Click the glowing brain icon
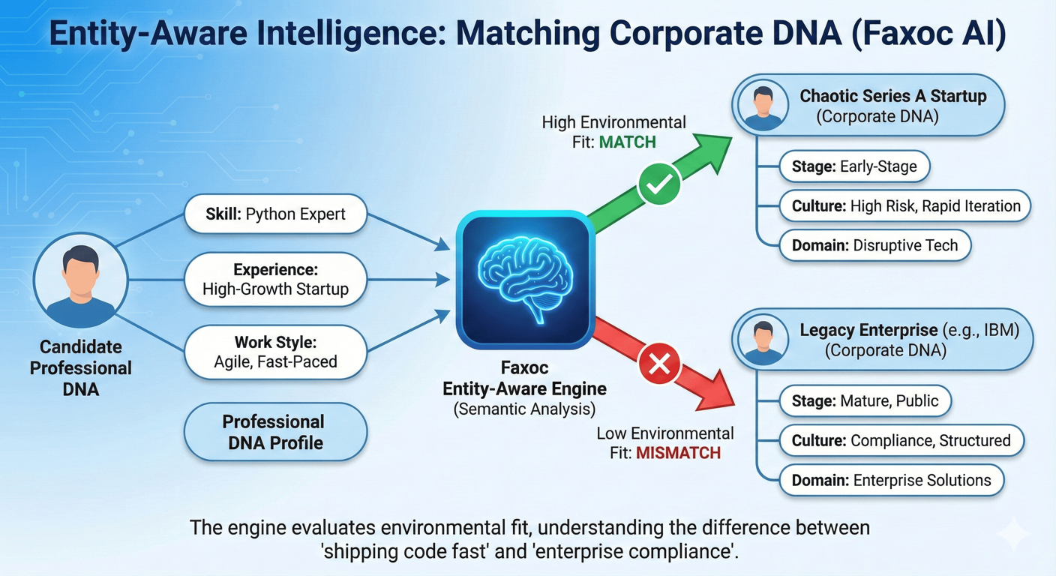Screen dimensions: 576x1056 coord(525,278)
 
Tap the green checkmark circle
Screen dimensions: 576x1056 coord(658,184)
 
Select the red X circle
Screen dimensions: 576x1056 coord(658,365)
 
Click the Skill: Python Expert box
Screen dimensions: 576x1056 coord(276,215)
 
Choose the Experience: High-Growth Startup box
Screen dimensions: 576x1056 coord(276,279)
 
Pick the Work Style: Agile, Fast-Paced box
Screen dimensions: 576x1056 coord(276,352)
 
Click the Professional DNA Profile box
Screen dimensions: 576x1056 coord(276,431)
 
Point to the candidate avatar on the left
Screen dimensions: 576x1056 coord(80,280)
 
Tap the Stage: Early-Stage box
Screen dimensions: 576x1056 coord(853,166)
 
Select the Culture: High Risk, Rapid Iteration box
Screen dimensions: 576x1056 coord(904,205)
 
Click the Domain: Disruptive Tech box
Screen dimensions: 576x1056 coord(874,245)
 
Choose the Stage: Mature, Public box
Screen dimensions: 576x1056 coord(865,400)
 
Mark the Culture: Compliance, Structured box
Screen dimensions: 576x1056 coord(900,440)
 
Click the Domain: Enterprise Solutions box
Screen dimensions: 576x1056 coord(890,480)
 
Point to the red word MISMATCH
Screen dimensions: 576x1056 coord(678,452)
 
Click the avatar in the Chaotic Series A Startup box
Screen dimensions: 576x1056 coord(763,105)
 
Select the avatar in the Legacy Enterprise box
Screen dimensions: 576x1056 coord(763,340)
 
